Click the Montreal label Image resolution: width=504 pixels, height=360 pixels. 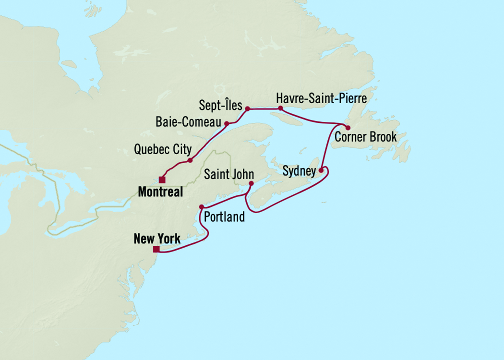coord(160,192)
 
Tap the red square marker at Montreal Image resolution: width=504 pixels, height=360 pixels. coord(162,180)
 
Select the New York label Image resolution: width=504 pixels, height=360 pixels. coord(157,239)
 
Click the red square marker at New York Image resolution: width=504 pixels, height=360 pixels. coord(156,249)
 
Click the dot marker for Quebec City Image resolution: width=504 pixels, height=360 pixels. coord(190,160)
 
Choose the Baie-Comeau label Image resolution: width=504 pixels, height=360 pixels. coord(188,122)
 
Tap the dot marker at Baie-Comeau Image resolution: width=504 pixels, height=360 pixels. coord(227,123)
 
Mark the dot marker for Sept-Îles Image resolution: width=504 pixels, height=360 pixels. coord(247,109)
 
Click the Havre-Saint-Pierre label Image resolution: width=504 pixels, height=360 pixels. coord(322,99)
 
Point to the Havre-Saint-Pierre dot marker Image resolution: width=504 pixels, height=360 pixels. coord(281,108)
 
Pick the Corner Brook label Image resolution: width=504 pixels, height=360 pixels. coord(366,137)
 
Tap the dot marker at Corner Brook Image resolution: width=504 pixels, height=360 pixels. coord(348,127)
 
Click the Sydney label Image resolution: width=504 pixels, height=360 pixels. coord(299,171)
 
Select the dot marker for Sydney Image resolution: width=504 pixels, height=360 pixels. coord(320,170)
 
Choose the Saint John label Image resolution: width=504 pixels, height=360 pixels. coord(228,174)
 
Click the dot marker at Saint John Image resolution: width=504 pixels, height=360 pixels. coord(251,183)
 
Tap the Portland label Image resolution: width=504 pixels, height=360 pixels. coord(224,216)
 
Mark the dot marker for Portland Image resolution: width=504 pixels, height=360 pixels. coord(202,206)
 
